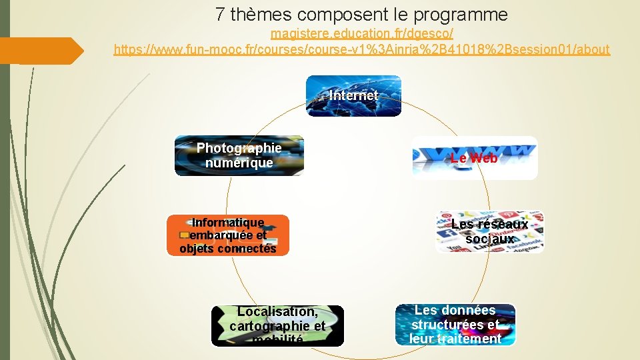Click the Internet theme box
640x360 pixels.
353,96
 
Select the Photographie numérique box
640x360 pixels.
239,155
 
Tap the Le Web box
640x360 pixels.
474,158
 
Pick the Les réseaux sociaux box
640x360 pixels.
489,231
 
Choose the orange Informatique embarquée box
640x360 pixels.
227,235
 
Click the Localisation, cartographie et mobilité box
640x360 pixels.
277,326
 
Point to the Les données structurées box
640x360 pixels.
455,325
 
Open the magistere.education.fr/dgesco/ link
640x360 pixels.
362,33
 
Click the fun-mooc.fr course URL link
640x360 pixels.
362,49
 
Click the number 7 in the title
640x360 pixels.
221,14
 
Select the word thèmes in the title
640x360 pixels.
262,14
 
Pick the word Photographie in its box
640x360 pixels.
239,148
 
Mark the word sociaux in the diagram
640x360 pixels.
489,239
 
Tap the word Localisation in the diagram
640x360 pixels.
277,311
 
